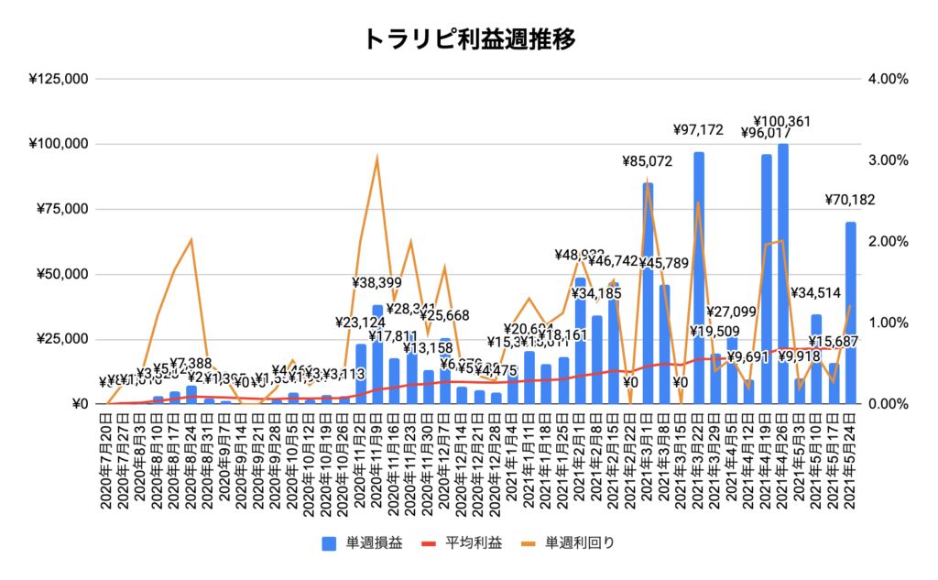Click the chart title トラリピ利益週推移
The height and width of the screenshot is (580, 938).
pyautogui.click(x=468, y=38)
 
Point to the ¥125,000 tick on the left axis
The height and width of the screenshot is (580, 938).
pyautogui.click(x=58, y=79)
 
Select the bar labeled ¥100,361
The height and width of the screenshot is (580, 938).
pyautogui.click(x=783, y=275)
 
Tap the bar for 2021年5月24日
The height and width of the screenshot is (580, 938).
pyautogui.click(x=851, y=312)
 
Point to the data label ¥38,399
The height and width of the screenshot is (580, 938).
pyautogui.click(x=377, y=283)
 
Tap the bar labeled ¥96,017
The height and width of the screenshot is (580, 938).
pyautogui.click(x=766, y=279)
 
